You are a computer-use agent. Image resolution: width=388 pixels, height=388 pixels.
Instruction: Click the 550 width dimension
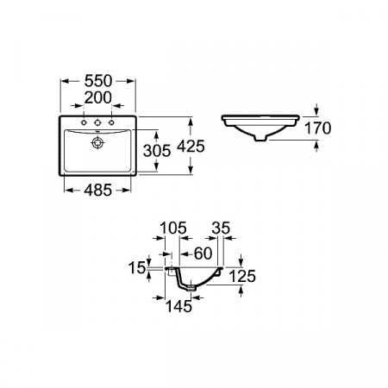tap(98, 81)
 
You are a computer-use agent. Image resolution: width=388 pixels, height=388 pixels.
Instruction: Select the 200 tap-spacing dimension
tap(98, 97)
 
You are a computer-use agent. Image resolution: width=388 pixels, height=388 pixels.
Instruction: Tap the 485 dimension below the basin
tap(97, 190)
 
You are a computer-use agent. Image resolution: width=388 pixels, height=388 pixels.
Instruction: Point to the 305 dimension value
tap(157, 151)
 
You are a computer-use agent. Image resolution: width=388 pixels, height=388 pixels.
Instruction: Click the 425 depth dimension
tap(191, 146)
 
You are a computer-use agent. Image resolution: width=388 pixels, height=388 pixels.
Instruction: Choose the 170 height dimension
tap(317, 128)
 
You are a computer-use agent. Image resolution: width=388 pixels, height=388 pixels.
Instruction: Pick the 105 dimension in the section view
tap(173, 228)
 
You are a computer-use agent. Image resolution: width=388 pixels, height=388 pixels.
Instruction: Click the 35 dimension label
tap(221, 228)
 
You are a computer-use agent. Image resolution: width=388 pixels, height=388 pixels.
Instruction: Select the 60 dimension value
tap(203, 253)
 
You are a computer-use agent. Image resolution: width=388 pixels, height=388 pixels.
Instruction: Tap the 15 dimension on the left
tap(137, 268)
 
